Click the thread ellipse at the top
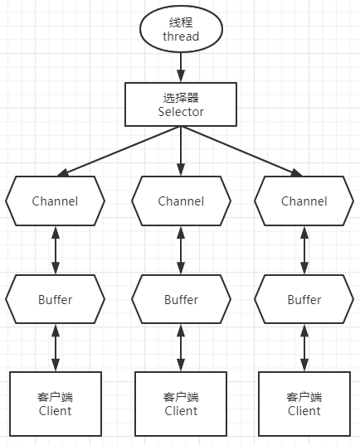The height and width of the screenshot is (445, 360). tap(180, 28)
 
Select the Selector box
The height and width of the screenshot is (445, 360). tap(180, 104)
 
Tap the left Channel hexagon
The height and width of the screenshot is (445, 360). tap(55, 201)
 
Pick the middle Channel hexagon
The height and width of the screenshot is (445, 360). tap(180, 201)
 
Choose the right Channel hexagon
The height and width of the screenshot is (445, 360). tap(304, 201)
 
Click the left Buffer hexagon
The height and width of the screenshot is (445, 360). tap(55, 299)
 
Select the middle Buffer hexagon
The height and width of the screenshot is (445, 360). tap(180, 299)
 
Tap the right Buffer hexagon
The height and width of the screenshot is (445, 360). tap(304, 299)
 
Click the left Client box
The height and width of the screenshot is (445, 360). tap(55, 404)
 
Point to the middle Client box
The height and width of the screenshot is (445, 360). tap(180, 404)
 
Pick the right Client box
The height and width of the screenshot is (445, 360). tap(304, 404)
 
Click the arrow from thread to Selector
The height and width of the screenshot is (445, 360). tap(180, 65)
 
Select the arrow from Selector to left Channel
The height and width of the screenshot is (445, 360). tap(116, 150)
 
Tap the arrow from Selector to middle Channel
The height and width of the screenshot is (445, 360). tap(180, 150)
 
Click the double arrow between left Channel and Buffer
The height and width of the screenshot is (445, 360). tap(55, 250)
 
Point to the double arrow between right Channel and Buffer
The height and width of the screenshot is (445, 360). tap(304, 250)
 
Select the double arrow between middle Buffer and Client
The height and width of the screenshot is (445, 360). tap(180, 348)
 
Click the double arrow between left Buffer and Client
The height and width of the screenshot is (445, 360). tap(55, 348)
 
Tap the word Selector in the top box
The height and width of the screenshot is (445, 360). tap(180, 111)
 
